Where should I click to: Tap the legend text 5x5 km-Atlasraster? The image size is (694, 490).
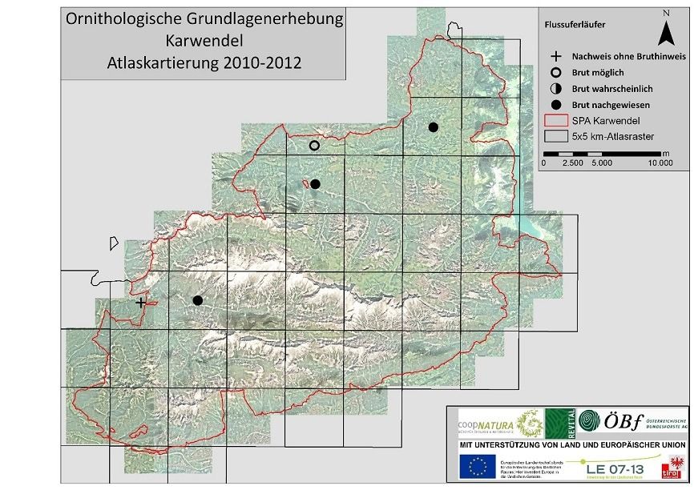[611, 136]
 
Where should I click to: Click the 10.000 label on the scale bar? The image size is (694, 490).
[660, 163]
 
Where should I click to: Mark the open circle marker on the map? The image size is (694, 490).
[314, 146]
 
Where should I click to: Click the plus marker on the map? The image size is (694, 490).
[141, 303]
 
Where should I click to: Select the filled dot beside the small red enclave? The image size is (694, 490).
[315, 184]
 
